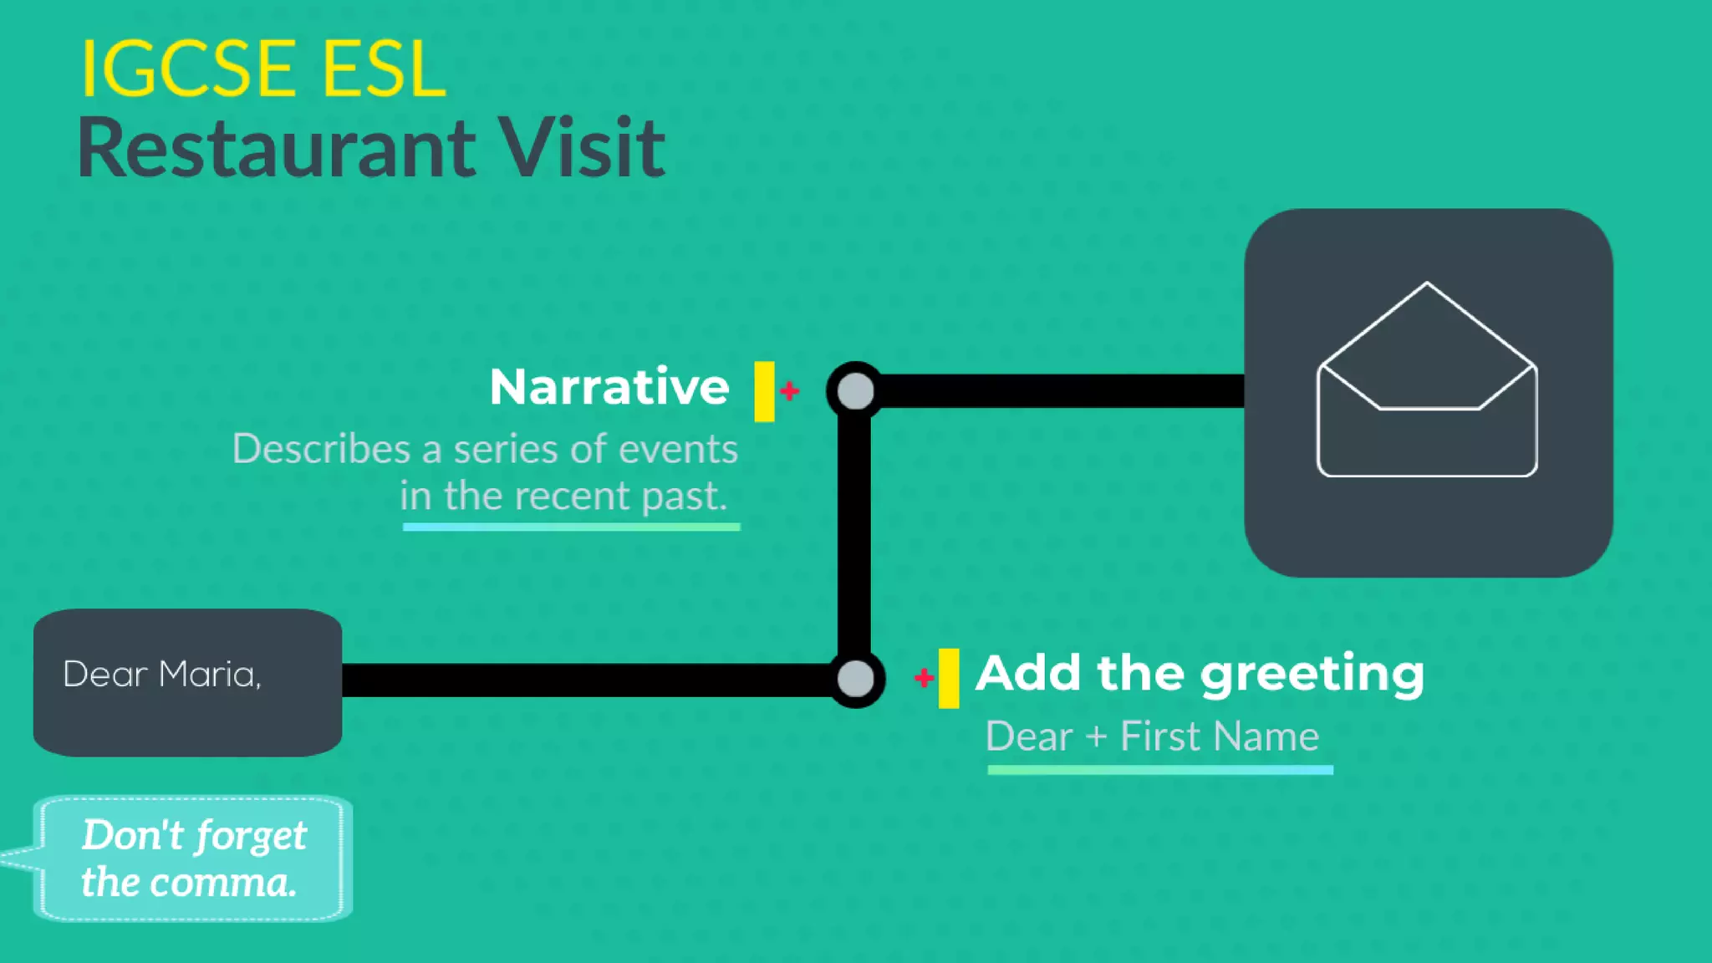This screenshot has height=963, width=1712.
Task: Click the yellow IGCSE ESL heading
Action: coord(262,69)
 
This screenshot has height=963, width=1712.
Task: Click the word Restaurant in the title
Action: coord(276,149)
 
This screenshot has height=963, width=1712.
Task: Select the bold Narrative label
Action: coord(609,387)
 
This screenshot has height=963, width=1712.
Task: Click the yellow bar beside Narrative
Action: coord(764,391)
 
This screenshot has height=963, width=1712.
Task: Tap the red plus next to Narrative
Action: coord(789,390)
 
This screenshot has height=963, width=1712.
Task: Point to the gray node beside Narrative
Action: coord(855,391)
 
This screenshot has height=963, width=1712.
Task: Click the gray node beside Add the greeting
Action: coord(855,679)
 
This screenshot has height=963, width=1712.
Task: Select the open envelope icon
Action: coord(1427,380)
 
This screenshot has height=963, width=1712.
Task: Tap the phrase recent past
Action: coord(620,497)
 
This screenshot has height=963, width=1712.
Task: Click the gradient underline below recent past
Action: coord(571,527)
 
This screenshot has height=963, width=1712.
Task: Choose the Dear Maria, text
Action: coord(162,675)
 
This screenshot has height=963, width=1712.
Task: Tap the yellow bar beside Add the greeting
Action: coord(949,678)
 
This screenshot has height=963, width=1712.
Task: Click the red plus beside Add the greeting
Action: coord(924,677)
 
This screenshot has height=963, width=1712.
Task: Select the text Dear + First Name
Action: coord(1152,737)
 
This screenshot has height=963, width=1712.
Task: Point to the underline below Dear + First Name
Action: coord(1160,770)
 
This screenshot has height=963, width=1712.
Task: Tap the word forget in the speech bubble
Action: coord(252,836)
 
